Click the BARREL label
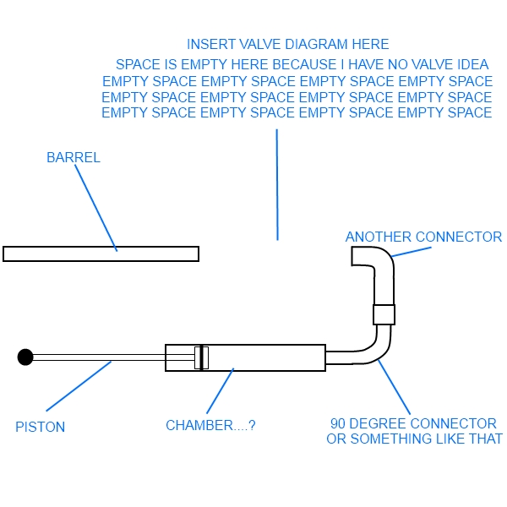coord(74,157)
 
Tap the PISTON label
coord(40,427)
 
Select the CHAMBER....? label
coord(210,426)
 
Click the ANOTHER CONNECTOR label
coord(423,237)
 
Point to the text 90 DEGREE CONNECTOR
coord(413,423)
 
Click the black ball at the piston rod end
coord(25,357)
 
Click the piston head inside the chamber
coord(201,357)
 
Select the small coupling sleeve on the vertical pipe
coord(384,314)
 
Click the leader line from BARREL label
coord(95,206)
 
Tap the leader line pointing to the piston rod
coord(78,387)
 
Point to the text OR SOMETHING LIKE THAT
coord(414,439)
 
